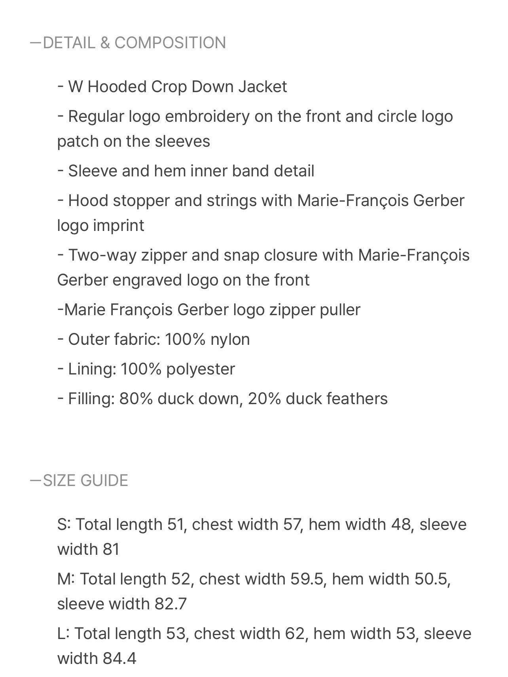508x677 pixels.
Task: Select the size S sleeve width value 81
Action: click(x=111, y=549)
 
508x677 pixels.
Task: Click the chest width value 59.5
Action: click(x=307, y=579)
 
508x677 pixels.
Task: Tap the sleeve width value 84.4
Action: click(x=119, y=658)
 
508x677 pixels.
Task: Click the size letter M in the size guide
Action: click(x=65, y=579)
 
